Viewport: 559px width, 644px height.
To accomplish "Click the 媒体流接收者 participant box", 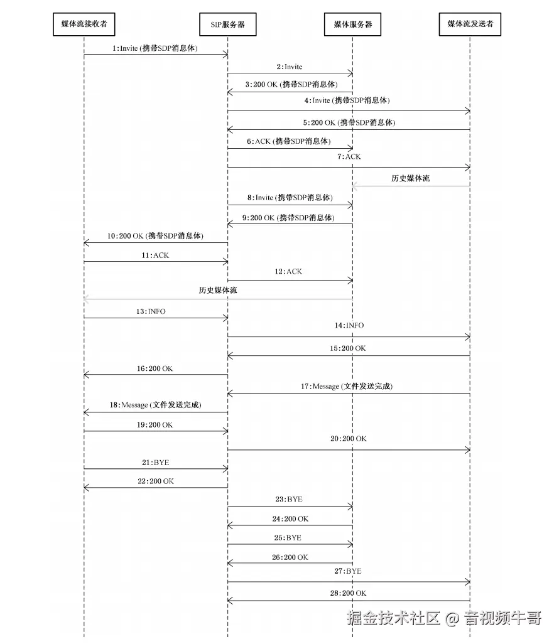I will (x=84, y=24).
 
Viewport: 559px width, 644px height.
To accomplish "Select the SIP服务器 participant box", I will (x=227, y=24).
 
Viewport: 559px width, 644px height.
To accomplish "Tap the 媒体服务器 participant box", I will (x=352, y=24).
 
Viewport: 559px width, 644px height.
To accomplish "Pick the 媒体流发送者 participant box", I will (x=470, y=24).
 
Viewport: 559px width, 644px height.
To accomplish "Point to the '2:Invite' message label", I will (x=290, y=67).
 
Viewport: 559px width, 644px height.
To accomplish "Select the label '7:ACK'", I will (x=349, y=156).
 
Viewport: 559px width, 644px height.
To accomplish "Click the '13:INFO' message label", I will (x=152, y=311).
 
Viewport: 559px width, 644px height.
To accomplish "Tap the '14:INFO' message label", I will (x=349, y=326).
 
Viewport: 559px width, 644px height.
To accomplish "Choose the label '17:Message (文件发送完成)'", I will (x=346, y=387).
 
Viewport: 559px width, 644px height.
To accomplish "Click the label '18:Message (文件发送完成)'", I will (x=156, y=405).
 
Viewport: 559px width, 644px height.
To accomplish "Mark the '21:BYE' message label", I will (x=155, y=463).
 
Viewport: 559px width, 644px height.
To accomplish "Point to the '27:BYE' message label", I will (x=349, y=571).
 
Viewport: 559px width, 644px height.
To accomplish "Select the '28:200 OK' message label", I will (x=349, y=593).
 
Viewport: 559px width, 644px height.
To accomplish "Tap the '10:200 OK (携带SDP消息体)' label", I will (x=155, y=236).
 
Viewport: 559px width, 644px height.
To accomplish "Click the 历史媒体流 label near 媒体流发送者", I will (x=411, y=179).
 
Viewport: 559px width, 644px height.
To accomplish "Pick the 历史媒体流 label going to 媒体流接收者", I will (x=218, y=291).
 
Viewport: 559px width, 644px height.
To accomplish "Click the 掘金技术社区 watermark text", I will (x=393, y=618).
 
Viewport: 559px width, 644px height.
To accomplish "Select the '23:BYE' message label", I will (x=290, y=500).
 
